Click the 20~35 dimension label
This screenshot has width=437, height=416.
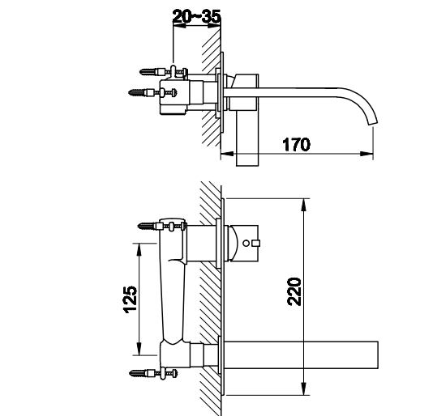point(196,16)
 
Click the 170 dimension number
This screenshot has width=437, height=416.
point(296,144)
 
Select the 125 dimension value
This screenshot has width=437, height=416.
point(131,299)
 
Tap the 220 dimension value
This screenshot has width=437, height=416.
point(294,291)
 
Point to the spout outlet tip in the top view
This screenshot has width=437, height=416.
point(373,124)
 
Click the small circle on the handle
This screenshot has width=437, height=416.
point(246,243)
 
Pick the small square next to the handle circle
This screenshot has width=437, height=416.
point(256,243)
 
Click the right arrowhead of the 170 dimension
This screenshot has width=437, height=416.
point(366,154)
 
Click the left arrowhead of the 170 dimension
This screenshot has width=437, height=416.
point(227,154)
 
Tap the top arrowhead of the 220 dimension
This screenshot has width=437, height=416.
point(304,206)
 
